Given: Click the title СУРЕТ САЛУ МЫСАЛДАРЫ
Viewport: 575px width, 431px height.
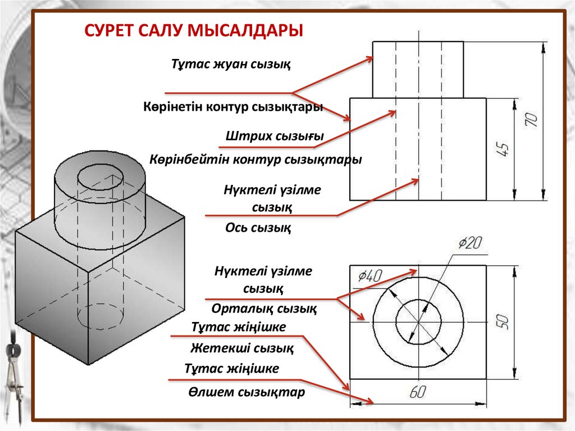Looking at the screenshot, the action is [194, 29].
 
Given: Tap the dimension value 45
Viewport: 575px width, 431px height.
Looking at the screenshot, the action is [503, 149].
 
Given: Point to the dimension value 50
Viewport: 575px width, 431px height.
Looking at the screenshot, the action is [503, 321].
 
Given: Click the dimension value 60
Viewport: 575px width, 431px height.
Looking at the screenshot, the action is [417, 393].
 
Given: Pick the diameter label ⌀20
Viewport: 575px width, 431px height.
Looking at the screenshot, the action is [470, 243].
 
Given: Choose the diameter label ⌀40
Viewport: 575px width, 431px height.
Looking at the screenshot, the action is [369, 275].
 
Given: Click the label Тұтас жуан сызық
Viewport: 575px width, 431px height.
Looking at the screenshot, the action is [231, 64].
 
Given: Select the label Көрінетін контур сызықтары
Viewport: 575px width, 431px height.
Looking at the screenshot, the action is [232, 107].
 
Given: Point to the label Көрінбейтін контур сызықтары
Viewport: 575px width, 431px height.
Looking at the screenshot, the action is [255, 160].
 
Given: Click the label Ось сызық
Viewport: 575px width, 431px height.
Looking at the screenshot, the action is [258, 228].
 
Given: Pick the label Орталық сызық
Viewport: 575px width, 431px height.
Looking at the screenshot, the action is [264, 308].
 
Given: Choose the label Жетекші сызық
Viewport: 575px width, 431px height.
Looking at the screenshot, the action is [241, 348].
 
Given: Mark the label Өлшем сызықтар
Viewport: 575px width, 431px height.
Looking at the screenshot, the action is [247, 392].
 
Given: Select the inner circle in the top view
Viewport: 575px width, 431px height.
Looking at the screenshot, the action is [418, 321].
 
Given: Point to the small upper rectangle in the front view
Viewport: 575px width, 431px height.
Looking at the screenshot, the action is [418, 69].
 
